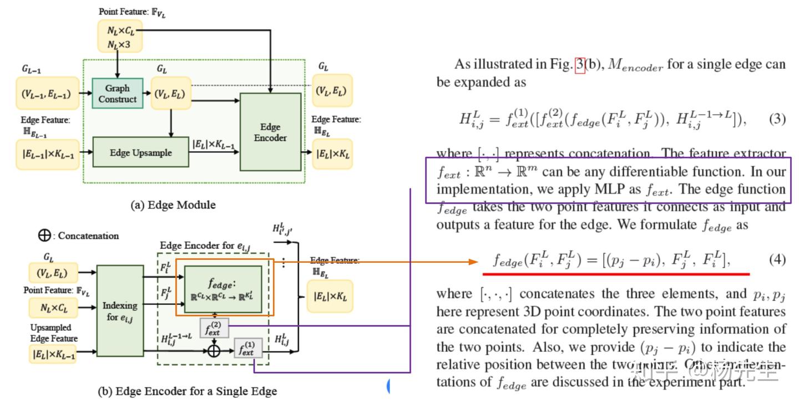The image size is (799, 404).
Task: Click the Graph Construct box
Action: [117, 94]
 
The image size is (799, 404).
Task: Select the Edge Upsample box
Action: [140, 153]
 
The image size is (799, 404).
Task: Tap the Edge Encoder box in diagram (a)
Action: [270, 132]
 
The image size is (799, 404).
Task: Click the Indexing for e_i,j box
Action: [120, 311]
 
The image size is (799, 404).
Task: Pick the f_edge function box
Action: [223, 289]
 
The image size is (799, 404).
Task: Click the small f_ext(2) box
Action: [214, 328]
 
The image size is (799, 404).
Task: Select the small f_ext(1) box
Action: [247, 348]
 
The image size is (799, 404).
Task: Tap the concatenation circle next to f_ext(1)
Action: [213, 350]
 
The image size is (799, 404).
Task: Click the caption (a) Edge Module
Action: [173, 205]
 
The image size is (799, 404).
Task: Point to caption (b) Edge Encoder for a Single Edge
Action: [188, 391]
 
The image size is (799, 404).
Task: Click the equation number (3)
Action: [776, 120]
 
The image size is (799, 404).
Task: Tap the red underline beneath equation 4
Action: [616, 273]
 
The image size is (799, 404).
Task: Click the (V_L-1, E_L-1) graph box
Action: [47, 94]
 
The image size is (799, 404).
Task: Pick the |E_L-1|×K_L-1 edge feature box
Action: [47, 154]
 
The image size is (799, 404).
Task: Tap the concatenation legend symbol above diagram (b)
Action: [44, 236]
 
